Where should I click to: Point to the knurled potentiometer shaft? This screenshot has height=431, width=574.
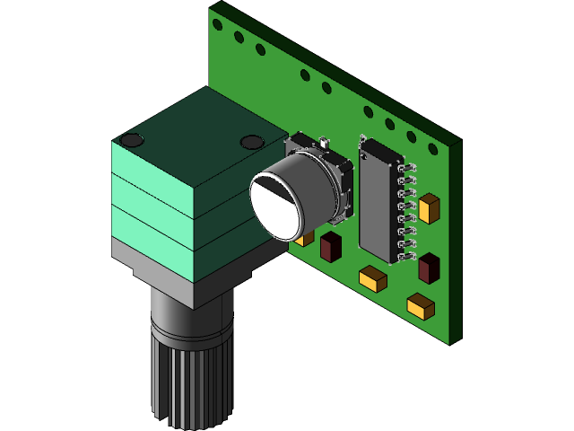click(x=190, y=382)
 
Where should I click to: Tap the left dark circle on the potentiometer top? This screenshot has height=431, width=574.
click(x=132, y=140)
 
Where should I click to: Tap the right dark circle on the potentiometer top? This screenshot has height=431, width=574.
click(x=251, y=141)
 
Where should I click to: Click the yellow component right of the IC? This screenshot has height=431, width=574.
click(x=430, y=207)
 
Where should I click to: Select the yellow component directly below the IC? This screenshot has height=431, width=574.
click(x=373, y=279)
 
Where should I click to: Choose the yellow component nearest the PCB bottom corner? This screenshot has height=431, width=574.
click(x=420, y=307)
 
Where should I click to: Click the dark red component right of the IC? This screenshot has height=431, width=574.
click(x=429, y=268)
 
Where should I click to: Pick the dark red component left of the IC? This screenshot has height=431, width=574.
click(x=330, y=247)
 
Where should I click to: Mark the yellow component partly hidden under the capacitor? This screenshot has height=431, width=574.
click(x=306, y=238)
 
